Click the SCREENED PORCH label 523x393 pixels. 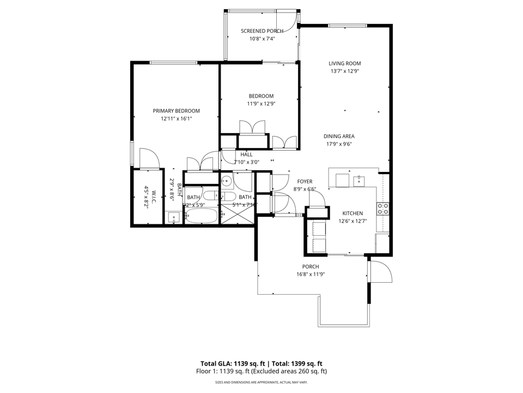coord(262,31)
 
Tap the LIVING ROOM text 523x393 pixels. coord(344,63)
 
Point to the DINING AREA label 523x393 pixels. coord(339,136)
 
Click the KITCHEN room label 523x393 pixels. coord(352,213)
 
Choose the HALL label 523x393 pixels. coord(246,154)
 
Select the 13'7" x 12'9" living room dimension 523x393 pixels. coord(344,71)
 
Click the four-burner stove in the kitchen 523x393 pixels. coord(383,208)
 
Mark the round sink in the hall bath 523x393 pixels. coord(227,181)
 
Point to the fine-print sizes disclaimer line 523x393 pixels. coord(261,382)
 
